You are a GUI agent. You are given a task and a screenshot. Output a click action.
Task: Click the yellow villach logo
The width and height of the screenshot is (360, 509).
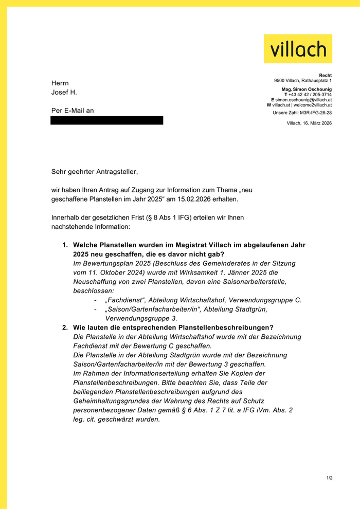[x=298, y=48]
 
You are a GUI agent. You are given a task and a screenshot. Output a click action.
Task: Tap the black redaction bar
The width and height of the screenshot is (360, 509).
[x=106, y=120]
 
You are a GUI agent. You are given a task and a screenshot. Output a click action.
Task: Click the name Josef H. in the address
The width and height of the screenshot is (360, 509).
[x=64, y=93]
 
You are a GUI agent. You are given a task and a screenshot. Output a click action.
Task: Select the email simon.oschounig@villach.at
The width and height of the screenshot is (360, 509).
[x=303, y=100]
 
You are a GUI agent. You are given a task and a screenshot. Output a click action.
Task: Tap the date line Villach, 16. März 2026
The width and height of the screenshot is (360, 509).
[x=309, y=123]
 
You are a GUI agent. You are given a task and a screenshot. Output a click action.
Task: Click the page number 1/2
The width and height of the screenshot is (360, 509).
[x=329, y=478]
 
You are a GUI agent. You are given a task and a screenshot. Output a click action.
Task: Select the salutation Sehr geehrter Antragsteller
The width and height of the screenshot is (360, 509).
[x=95, y=171]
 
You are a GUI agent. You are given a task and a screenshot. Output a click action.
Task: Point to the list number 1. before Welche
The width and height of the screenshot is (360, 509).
[x=65, y=245]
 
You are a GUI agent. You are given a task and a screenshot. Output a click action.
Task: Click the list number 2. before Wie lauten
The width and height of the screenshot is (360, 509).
[x=65, y=328]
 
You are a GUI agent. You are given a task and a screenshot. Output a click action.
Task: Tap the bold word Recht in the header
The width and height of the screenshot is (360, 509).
[x=325, y=76]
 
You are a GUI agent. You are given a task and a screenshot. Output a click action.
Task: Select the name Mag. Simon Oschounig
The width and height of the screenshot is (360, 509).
[x=307, y=89]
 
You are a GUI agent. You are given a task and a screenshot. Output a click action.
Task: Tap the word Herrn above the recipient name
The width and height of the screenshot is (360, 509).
[x=60, y=83]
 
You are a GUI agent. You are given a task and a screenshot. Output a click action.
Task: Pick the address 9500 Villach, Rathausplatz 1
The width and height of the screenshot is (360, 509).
[x=303, y=81]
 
